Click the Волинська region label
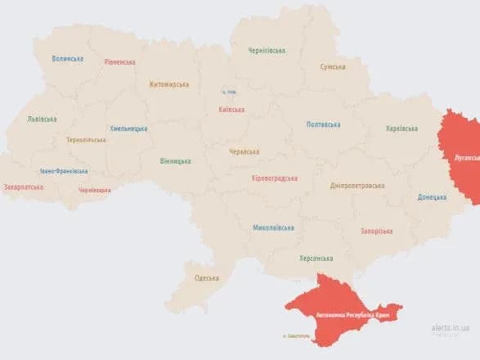click(67, 59)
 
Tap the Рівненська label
click(120, 62)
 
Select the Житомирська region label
click(169, 83)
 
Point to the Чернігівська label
click(267, 51)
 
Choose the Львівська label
click(42, 119)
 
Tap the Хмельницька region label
click(129, 128)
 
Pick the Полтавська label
click(323, 124)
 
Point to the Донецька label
click(432, 197)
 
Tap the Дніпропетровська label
click(357, 186)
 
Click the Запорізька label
click(376, 231)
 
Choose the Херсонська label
click(315, 257)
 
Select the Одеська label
click(207, 278)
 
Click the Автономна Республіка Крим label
click(347, 314)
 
